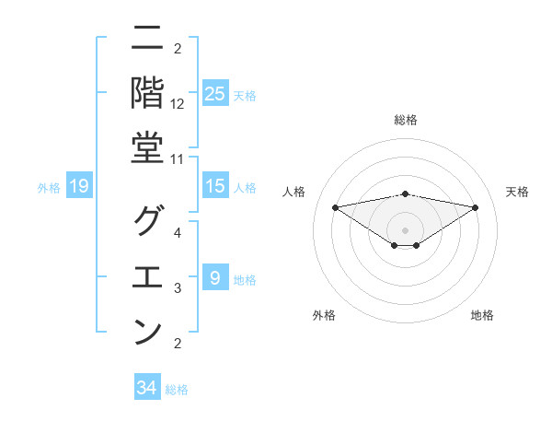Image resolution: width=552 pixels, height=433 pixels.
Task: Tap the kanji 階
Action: point(147,93)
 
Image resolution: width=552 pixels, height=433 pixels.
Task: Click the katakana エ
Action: point(147,276)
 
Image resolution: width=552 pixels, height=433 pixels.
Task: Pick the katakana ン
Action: point(147,332)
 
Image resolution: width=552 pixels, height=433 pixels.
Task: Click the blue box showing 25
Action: point(214,94)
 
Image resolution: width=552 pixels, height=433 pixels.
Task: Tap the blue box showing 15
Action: point(214,187)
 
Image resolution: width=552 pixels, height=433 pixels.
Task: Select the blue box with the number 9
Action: point(214,278)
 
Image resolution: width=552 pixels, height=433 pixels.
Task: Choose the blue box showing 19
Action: point(79,187)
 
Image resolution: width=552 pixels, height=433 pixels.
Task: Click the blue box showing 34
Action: point(147,388)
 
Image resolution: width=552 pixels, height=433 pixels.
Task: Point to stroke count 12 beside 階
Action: point(178,104)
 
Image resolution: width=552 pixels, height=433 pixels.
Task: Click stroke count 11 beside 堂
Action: point(178,159)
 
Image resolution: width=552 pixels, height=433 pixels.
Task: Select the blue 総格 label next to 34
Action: point(177,390)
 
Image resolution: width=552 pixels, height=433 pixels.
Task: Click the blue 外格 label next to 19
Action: point(49,188)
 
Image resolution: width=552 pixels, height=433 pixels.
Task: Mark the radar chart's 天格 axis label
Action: point(518,192)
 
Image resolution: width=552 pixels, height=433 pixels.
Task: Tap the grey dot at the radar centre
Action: point(406,228)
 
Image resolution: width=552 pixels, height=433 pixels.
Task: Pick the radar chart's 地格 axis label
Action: point(482,315)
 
